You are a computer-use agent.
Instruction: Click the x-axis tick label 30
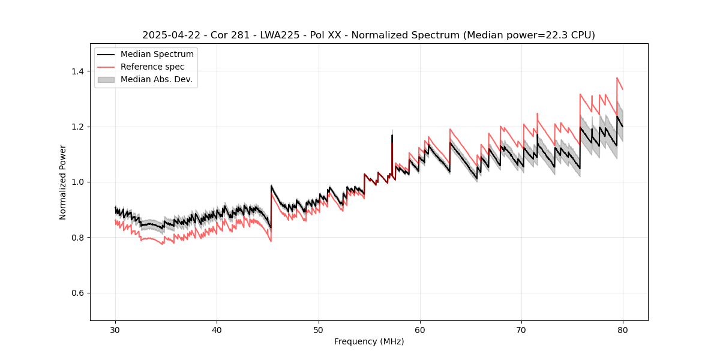pyautogui.click(x=115, y=330)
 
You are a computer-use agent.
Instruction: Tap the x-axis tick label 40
pyautogui.click(x=217, y=330)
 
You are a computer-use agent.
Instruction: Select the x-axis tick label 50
pyautogui.click(x=319, y=330)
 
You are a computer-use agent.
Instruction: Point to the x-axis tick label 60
pyautogui.click(x=420, y=330)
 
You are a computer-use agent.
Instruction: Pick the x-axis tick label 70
pyautogui.click(x=521, y=330)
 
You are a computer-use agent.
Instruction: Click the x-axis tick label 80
pyautogui.click(x=623, y=330)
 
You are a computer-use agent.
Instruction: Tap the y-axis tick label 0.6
pyautogui.click(x=77, y=293)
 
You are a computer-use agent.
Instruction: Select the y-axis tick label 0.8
pyautogui.click(x=77, y=238)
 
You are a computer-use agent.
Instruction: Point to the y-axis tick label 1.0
pyautogui.click(x=77, y=182)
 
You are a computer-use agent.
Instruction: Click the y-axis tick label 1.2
pyautogui.click(x=77, y=127)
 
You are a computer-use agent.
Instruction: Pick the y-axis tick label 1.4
pyautogui.click(x=77, y=71)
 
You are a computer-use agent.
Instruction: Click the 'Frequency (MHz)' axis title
pyautogui.click(x=369, y=341)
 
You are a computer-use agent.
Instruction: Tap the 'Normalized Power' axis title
pyautogui.click(x=63, y=182)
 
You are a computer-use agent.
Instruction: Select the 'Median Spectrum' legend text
pyautogui.click(x=157, y=55)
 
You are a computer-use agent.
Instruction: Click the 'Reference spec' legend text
pyautogui.click(x=152, y=67)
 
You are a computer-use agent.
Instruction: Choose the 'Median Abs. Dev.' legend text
pyautogui.click(x=156, y=79)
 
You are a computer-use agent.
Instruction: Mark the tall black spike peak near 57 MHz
pyautogui.click(x=392, y=135)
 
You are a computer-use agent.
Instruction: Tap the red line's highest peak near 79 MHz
pyautogui.click(x=617, y=77)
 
